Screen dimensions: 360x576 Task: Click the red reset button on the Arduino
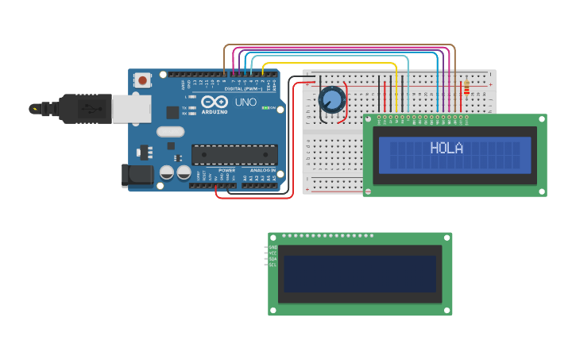click(142, 79)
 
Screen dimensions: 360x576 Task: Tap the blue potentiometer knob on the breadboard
click(331, 100)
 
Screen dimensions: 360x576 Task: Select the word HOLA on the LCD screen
click(446, 148)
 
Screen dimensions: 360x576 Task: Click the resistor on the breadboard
click(466, 87)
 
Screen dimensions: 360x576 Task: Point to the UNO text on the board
click(245, 102)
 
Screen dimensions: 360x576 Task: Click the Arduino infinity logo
click(215, 102)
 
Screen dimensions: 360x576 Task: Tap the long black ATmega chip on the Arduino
click(234, 154)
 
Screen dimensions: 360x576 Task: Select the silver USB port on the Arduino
click(131, 109)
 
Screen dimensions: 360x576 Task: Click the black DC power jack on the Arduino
click(137, 176)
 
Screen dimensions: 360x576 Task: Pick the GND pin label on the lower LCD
click(273, 248)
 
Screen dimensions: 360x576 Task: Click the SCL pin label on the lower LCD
click(273, 265)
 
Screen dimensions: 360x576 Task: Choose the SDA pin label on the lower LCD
click(273, 259)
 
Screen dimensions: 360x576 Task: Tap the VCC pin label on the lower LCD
click(273, 254)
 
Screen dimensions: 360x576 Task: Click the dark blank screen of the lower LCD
click(360, 274)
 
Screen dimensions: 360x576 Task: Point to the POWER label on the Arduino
click(227, 170)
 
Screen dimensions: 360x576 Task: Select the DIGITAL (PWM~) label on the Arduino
click(244, 88)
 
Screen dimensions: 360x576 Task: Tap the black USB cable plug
click(79, 108)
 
